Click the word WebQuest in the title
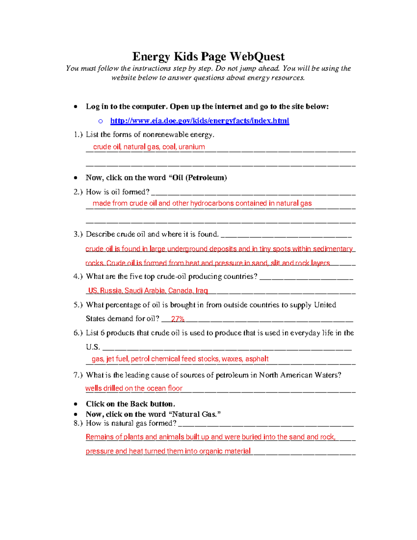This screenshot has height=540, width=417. tap(257, 56)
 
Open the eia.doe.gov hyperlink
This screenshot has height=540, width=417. tap(199, 121)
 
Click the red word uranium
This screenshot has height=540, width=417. tap(191, 147)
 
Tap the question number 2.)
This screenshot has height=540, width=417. tap(78, 192)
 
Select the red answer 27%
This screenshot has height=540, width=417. tap(178, 319)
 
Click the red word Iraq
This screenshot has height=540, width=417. tap(202, 291)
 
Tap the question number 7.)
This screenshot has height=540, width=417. tap(78, 375)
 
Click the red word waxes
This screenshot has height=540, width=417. tap(232, 359)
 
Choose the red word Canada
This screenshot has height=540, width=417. tap(180, 291)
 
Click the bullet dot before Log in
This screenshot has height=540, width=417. tap(75, 107)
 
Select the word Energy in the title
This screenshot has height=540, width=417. tap(151, 56)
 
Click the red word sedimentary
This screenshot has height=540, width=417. tap(333, 249)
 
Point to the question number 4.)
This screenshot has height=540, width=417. tap(78, 276)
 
